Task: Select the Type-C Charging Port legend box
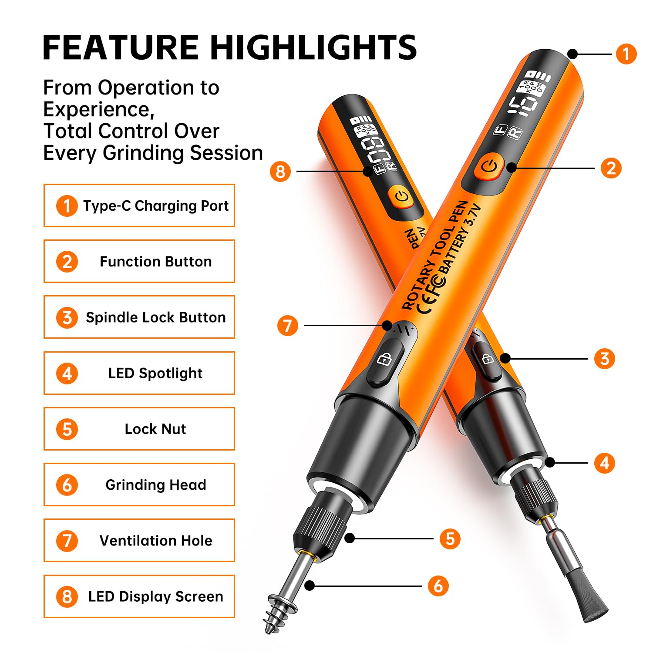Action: (x=139, y=205)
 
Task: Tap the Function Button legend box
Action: (x=139, y=261)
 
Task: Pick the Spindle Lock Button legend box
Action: (x=139, y=317)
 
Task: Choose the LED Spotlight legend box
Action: (x=139, y=373)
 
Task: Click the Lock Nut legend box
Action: (x=139, y=429)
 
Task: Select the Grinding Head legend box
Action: (x=139, y=485)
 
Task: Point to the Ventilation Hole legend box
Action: (x=139, y=540)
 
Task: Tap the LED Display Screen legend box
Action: (x=139, y=596)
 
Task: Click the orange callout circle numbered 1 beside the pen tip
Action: (x=626, y=54)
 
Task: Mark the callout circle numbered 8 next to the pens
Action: (x=280, y=171)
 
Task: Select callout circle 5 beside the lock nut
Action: (x=450, y=539)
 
